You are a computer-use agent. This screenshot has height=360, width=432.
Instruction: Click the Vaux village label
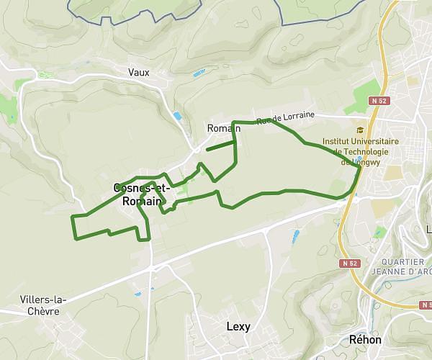click(x=138, y=72)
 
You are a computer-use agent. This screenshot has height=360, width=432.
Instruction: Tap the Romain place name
click(x=219, y=128)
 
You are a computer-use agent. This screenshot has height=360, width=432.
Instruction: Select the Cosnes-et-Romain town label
click(x=142, y=194)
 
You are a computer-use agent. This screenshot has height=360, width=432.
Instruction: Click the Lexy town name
click(x=238, y=326)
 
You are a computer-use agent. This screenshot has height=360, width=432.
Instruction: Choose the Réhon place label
click(x=364, y=339)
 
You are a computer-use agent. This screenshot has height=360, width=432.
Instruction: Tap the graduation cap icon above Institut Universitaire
click(x=359, y=130)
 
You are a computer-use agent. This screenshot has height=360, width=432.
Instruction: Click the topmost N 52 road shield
click(x=379, y=102)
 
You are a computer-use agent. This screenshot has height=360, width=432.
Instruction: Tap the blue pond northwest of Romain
click(x=177, y=116)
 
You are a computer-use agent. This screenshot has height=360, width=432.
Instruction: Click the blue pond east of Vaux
click(x=197, y=73)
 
